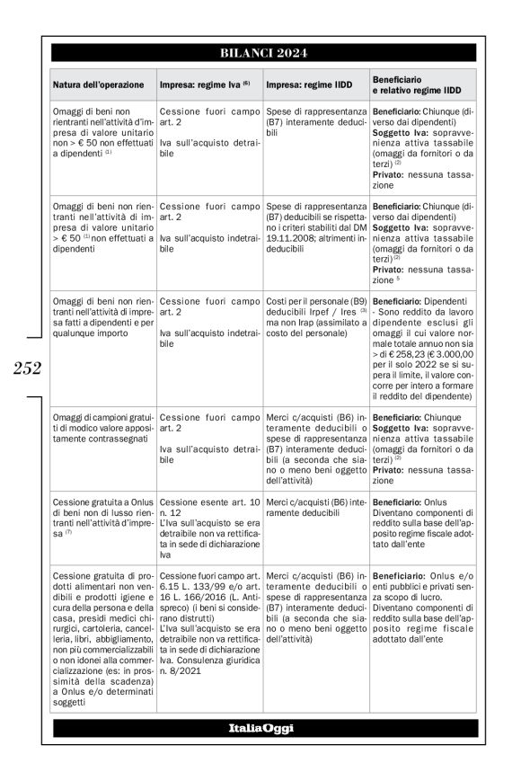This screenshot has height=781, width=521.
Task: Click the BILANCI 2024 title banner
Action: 264,52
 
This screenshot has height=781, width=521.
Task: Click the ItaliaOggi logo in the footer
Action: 264,727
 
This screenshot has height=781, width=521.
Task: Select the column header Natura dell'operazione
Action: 98,84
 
